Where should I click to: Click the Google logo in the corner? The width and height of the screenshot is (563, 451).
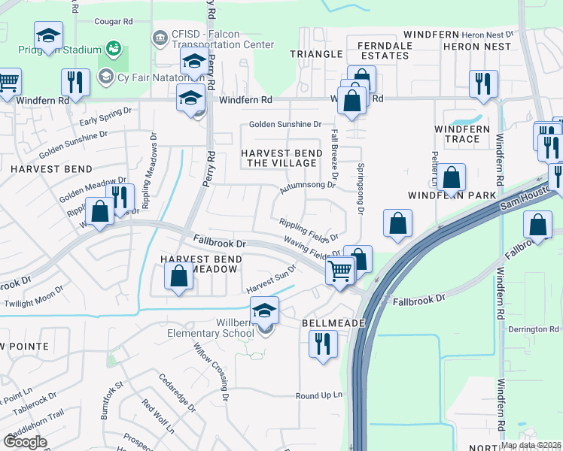click(25, 441)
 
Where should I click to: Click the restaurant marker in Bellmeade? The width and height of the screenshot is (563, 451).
click(323, 344)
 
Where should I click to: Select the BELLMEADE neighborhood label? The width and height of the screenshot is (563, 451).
click(333, 322)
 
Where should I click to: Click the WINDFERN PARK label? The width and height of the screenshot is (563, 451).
click(452, 195)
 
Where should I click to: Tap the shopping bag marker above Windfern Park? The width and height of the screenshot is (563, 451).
click(452, 178)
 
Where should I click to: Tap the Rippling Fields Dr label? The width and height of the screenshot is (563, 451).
click(308, 228)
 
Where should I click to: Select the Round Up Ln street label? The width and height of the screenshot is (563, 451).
click(318, 395)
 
